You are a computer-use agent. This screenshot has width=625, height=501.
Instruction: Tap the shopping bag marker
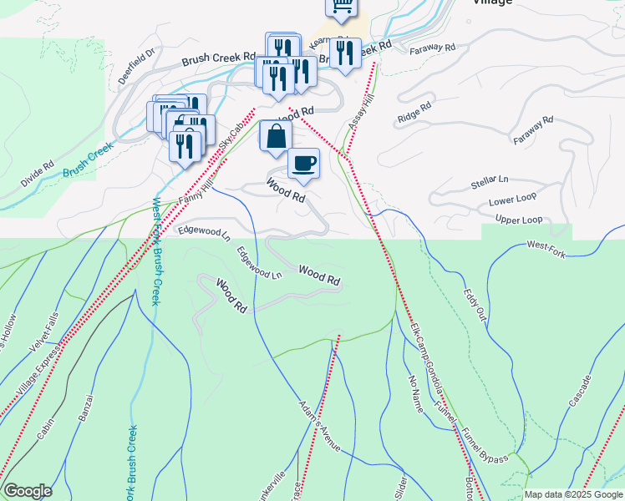click(x=275, y=135)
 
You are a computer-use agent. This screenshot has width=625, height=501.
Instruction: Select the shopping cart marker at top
click(x=341, y=7)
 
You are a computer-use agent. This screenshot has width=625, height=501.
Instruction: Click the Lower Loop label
click(x=512, y=201)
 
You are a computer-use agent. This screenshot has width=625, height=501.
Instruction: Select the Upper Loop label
click(x=519, y=220)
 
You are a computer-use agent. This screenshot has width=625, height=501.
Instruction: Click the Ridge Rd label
click(x=414, y=111)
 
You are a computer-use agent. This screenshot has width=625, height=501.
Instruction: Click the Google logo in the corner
click(x=28, y=491)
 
